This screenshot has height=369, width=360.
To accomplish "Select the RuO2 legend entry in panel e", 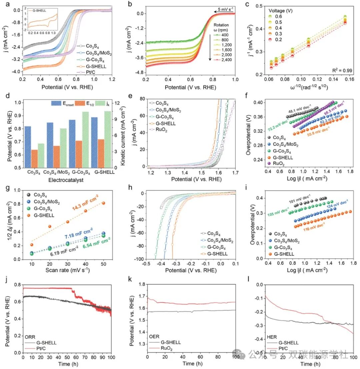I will click(x=161, y=130).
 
